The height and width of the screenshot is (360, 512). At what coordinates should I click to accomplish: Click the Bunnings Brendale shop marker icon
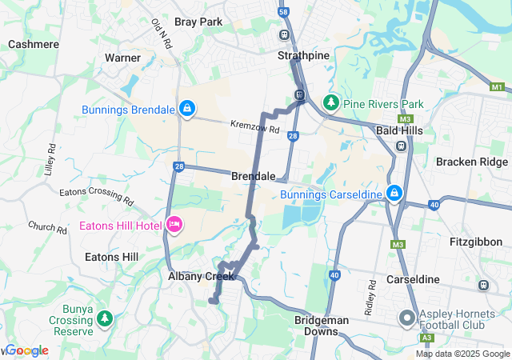(186, 108)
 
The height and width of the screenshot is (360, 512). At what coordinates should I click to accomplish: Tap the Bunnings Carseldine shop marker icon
(394, 193)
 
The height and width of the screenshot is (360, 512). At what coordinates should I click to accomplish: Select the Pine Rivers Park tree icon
(330, 102)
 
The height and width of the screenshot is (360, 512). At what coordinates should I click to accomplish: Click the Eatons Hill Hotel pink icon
(173, 225)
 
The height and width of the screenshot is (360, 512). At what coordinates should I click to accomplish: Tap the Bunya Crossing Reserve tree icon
(105, 318)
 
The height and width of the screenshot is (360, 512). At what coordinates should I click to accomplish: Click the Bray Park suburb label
(198, 22)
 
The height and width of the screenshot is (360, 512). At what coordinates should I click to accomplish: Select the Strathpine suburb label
(298, 57)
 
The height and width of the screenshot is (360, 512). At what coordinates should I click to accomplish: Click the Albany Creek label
(201, 276)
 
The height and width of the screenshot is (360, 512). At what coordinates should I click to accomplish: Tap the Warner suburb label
(122, 58)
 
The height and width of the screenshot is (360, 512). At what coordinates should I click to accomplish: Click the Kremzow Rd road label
(254, 126)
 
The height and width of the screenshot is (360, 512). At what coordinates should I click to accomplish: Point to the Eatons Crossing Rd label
(95, 194)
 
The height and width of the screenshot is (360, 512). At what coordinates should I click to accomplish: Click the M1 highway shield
(498, 86)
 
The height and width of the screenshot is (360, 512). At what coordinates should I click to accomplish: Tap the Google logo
(26, 350)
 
